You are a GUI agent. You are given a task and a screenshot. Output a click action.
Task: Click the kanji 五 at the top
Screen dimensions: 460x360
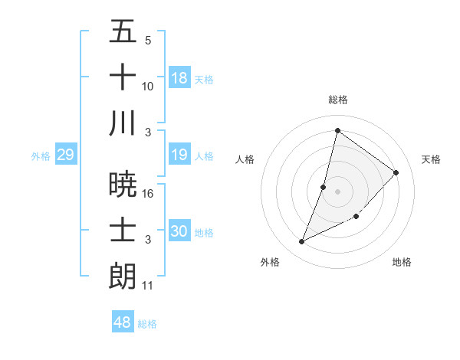(x=123, y=32)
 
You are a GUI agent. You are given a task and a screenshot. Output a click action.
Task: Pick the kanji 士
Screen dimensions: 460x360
(x=123, y=230)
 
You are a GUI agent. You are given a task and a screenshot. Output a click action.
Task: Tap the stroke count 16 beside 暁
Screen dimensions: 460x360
(x=149, y=193)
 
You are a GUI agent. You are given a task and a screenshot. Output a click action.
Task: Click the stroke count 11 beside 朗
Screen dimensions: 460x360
(x=148, y=286)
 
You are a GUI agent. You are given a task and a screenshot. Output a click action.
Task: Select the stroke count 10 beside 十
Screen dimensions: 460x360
(x=148, y=87)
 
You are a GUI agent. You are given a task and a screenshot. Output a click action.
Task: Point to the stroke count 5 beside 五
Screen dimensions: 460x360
(x=148, y=41)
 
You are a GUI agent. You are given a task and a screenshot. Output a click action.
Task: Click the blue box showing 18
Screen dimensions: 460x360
(x=179, y=77)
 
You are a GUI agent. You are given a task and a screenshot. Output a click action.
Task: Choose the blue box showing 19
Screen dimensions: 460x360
(x=179, y=155)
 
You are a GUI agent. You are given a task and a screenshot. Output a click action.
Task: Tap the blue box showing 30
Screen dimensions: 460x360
(x=179, y=231)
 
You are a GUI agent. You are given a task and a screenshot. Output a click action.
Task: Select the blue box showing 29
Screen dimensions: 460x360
(x=65, y=155)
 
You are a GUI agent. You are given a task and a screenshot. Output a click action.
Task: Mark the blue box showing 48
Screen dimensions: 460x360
(x=123, y=322)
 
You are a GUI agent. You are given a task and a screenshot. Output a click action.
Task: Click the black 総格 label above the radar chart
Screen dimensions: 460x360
(x=338, y=100)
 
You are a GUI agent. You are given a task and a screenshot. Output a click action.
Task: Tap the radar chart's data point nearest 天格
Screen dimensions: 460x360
(x=396, y=172)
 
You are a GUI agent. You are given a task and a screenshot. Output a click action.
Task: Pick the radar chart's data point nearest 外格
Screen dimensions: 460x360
(x=302, y=242)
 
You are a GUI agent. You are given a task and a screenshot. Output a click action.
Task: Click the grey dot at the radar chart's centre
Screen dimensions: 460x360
(x=338, y=191)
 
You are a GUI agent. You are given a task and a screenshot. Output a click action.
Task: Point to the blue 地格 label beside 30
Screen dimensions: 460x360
(x=205, y=232)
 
